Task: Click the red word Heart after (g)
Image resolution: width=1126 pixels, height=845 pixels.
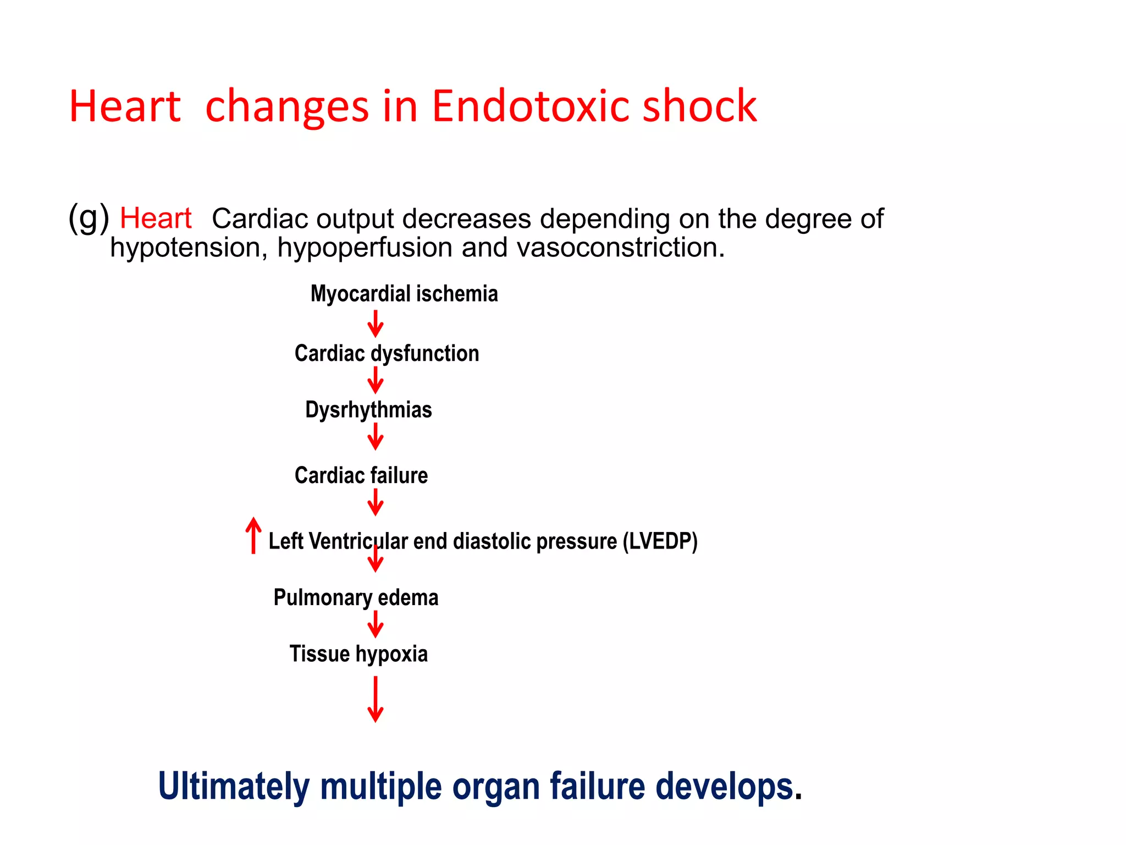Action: pos(156,218)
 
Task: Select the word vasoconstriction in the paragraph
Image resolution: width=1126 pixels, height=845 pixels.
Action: pos(621,248)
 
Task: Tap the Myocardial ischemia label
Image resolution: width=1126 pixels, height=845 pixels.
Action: pos(404,294)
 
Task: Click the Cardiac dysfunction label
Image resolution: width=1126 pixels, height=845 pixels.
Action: pos(387,353)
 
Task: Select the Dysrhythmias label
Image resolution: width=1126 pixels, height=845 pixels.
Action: pos(368,410)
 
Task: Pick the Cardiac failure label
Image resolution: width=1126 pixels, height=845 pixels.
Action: pos(361,475)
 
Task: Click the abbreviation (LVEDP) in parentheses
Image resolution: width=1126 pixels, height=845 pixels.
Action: pos(660,541)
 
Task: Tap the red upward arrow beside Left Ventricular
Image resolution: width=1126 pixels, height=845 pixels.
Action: pos(253,535)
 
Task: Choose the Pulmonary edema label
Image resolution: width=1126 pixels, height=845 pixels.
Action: pos(356,597)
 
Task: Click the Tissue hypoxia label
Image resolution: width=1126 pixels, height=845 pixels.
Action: pos(358,654)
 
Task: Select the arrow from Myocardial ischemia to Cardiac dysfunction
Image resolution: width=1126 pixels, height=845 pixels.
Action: pos(376,324)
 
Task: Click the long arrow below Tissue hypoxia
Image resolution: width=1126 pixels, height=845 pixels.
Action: pos(376,699)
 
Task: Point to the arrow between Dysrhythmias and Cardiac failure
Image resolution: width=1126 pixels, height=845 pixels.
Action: pos(376,437)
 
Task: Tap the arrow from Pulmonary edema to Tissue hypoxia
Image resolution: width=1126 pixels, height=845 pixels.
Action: pos(376,624)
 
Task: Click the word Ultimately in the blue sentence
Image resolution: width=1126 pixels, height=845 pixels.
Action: pos(234,786)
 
